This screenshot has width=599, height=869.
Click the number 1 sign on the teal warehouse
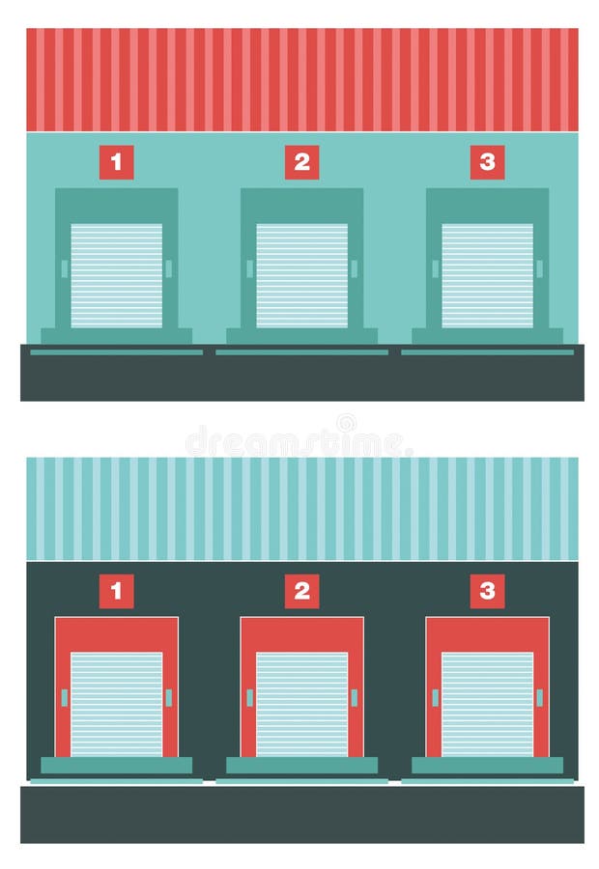click(x=116, y=162)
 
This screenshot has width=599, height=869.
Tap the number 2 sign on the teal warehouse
click(x=301, y=162)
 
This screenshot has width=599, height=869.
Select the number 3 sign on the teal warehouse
click(x=487, y=162)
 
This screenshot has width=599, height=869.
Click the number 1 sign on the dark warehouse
click(x=116, y=591)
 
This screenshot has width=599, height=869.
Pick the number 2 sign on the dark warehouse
click(x=301, y=591)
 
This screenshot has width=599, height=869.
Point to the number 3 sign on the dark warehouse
click(x=487, y=591)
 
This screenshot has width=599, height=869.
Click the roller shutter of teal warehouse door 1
click(x=116, y=276)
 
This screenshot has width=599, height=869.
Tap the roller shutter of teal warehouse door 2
click(x=301, y=276)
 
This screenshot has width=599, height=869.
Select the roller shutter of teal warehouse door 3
click(x=487, y=276)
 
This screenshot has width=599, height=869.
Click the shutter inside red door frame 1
click(x=116, y=704)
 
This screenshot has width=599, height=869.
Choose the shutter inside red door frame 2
click(x=301, y=704)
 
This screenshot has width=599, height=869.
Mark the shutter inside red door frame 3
click(x=487, y=704)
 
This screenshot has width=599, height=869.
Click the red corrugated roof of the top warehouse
click(x=301, y=79)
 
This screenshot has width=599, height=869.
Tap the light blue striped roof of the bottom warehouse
click(x=301, y=508)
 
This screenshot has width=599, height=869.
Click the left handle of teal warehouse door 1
click(x=65, y=268)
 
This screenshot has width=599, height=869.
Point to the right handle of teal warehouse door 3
click(x=539, y=268)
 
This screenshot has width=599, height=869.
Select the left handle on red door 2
click(x=249, y=697)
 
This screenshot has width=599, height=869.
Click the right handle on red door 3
click(x=539, y=697)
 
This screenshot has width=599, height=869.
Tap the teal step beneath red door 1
click(x=116, y=765)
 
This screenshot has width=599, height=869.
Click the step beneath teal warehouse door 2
click(x=301, y=336)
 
